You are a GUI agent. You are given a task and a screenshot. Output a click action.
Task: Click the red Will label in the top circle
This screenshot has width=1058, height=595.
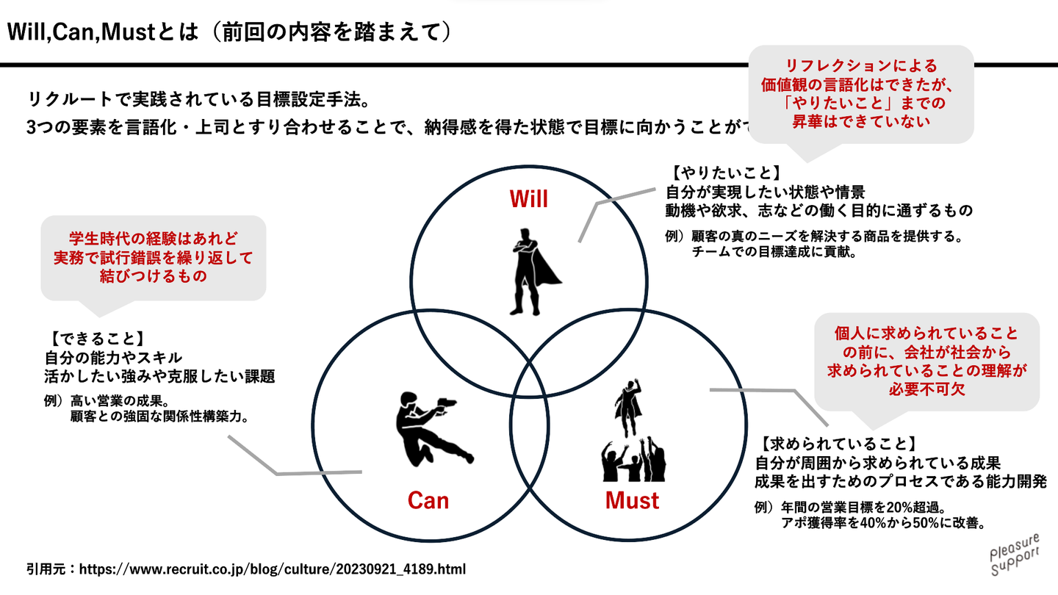(x=529, y=198)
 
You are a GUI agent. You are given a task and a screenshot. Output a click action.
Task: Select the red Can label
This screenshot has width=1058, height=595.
(x=428, y=501)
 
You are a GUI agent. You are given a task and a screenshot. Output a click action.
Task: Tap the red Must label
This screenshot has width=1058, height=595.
(x=632, y=501)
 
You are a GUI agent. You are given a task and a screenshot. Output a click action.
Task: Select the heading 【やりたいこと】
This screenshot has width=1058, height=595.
(x=724, y=173)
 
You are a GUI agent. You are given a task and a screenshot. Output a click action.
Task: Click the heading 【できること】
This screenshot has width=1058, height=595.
(x=94, y=340)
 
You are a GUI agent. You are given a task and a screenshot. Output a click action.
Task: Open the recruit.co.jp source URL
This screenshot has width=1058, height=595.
(x=272, y=569)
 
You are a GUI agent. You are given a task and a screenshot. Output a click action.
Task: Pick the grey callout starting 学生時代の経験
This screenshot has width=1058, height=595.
(x=154, y=258)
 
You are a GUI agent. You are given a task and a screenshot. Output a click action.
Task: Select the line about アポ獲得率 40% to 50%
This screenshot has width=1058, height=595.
(x=882, y=524)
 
